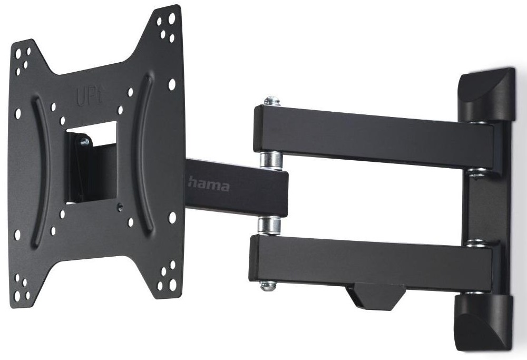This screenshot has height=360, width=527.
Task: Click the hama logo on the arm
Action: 209,184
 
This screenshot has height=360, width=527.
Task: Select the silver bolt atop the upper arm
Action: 272,101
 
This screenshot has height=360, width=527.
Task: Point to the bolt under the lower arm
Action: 268,286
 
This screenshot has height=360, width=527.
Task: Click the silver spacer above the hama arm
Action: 271,160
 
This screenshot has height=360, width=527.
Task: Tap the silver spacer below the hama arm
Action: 269,225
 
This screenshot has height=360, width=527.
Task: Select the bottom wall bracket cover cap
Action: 483,322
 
